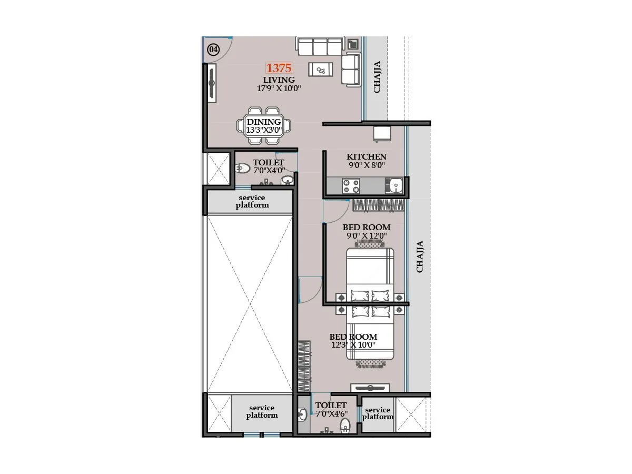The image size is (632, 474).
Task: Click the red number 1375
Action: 279,68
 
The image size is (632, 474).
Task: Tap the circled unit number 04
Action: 213,50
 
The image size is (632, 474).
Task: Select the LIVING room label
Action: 279,80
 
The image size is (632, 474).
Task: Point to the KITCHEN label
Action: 366,156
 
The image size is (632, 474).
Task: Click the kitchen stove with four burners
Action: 351,186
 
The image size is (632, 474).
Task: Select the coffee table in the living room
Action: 320,69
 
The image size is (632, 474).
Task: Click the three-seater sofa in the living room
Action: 320,46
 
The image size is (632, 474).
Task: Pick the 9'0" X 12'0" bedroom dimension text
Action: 366,235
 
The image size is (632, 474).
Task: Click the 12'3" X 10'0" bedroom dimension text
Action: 353,345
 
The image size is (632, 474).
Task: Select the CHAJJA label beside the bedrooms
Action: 420,256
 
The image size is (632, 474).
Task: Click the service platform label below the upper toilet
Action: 252,201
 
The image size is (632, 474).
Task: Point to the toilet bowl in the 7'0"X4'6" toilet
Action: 345,425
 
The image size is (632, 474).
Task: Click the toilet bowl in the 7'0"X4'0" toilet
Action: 242,169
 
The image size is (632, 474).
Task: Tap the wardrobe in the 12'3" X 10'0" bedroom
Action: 304,366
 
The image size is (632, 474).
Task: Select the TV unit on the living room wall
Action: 212,83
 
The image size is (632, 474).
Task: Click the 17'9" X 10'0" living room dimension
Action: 279,88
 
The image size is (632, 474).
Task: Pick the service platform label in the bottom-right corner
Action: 378,413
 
